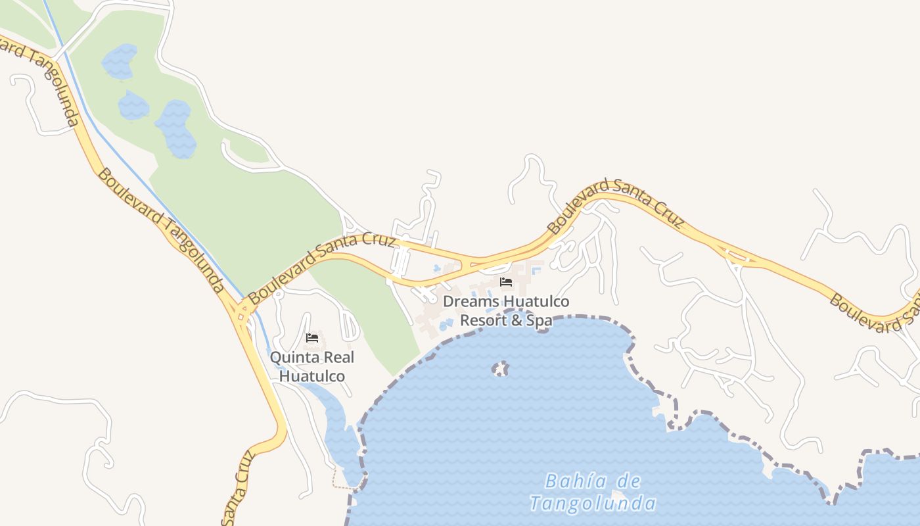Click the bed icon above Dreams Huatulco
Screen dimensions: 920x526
pos(506,283)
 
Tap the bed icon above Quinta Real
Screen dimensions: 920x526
pos(312,339)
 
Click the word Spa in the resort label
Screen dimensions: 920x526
pos(539,321)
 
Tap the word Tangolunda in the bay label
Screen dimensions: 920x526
pos(593,504)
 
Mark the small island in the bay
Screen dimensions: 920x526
pos(501,368)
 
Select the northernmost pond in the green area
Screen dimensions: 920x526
pos(120,61)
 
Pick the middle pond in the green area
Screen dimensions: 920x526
pos(133,105)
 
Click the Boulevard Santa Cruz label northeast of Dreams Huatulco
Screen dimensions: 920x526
pos(616,205)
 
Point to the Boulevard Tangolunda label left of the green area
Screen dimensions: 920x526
pos(161,230)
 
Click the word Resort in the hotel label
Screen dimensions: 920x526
pos(483,321)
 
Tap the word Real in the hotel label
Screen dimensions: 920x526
pos(339,358)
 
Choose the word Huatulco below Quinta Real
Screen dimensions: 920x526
pos(312,377)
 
